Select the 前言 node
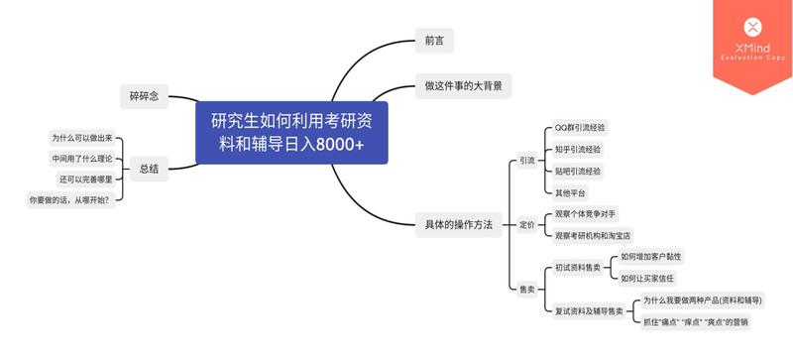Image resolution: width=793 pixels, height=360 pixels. pyautogui.click(x=433, y=41)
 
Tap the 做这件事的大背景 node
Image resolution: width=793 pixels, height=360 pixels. pyautogui.click(x=462, y=86)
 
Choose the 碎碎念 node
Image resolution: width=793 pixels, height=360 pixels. pyautogui.click(x=144, y=96)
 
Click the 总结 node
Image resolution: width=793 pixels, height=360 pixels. pyautogui.click(x=149, y=170)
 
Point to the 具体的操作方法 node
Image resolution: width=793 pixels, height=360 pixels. pyautogui.click(x=458, y=224)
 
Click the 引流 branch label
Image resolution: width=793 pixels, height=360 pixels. pyautogui.click(x=526, y=161)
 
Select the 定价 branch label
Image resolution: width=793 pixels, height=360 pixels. pyautogui.click(x=526, y=225)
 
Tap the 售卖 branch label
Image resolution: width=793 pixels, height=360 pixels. pyautogui.click(x=526, y=290)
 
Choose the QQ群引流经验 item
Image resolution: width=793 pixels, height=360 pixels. pyautogui.click(x=580, y=128)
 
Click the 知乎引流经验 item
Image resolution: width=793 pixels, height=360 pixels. pyautogui.click(x=577, y=150)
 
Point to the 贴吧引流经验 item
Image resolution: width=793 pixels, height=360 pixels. pyautogui.click(x=577, y=171)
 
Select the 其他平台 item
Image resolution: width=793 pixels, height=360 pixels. pyautogui.click(x=571, y=192)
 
